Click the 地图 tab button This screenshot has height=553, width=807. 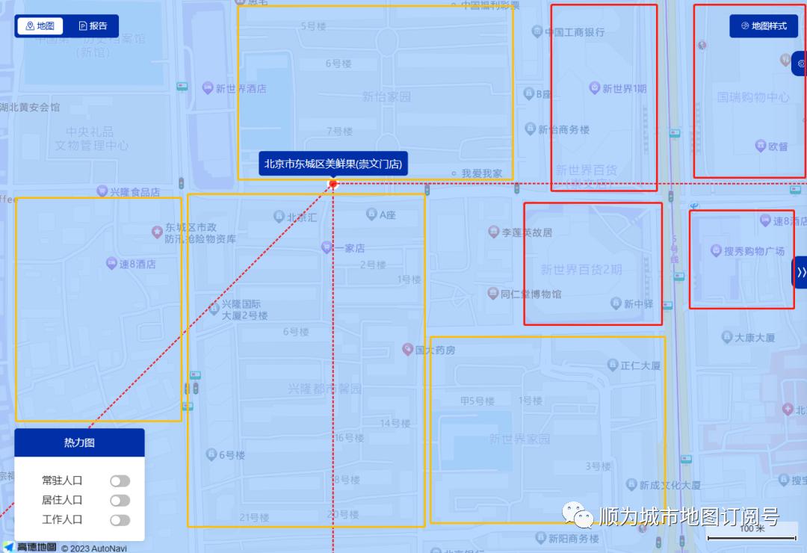[40, 26]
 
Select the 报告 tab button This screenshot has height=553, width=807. [93, 26]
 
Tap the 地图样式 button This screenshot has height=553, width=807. [764, 26]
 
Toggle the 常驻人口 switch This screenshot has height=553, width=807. [120, 481]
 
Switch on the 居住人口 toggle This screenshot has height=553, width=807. [120, 500]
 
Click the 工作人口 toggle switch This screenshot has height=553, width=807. [120, 519]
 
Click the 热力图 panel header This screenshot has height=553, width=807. [79, 442]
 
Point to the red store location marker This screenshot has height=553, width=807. [333, 183]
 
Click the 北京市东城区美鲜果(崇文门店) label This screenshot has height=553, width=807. [333, 164]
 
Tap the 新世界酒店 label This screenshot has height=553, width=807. [241, 88]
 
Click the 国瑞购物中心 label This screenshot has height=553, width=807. [753, 97]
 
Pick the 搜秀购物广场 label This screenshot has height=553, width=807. [753, 251]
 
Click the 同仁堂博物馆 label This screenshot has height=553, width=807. [531, 294]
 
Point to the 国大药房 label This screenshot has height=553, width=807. [435, 350]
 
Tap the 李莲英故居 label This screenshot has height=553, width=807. [526, 232]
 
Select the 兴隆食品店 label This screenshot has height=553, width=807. [134, 192]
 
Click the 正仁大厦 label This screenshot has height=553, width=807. [640, 365]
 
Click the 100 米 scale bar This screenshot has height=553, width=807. [751, 533]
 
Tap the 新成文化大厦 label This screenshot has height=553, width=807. [670, 485]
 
